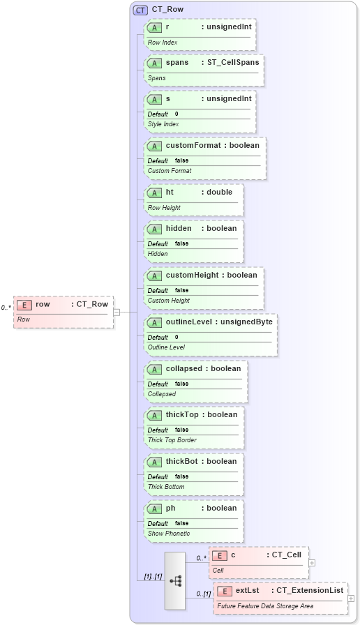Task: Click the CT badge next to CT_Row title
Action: point(140,10)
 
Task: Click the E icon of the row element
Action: point(24,304)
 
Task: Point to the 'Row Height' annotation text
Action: point(164,207)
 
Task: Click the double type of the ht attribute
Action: point(219,192)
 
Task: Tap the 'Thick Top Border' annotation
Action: point(172,440)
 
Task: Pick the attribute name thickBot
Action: point(181,461)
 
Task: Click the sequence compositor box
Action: point(175,580)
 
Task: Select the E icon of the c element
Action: point(219,555)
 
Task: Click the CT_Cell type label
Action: point(285,555)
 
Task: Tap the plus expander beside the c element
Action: point(312,562)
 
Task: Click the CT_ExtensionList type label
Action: point(310,590)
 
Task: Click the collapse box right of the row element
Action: point(117,312)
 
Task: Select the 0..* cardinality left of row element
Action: point(6,308)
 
